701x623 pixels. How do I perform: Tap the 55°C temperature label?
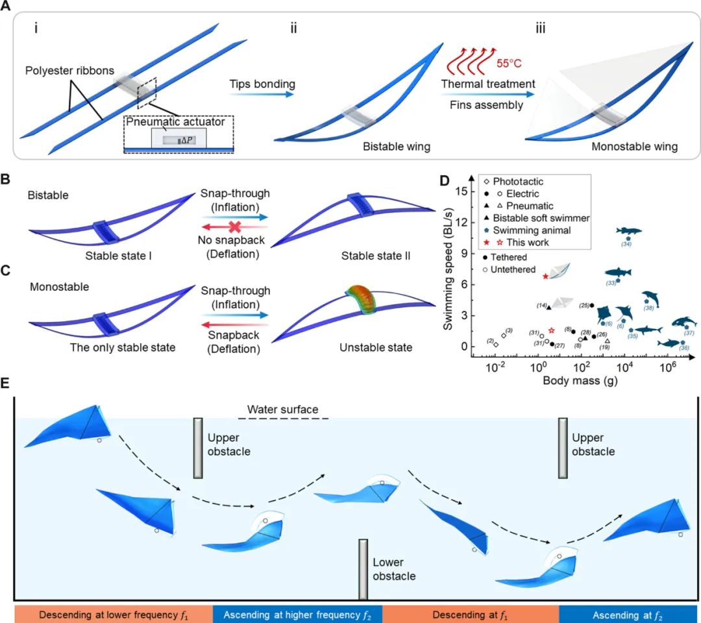(509, 64)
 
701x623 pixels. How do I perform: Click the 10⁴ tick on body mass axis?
(624, 369)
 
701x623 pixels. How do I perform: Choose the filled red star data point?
(546, 276)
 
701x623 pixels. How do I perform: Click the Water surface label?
(282, 409)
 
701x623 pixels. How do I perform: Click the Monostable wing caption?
(634, 147)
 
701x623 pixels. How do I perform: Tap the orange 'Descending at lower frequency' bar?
(114, 614)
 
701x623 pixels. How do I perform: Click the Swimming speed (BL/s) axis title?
(449, 273)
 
